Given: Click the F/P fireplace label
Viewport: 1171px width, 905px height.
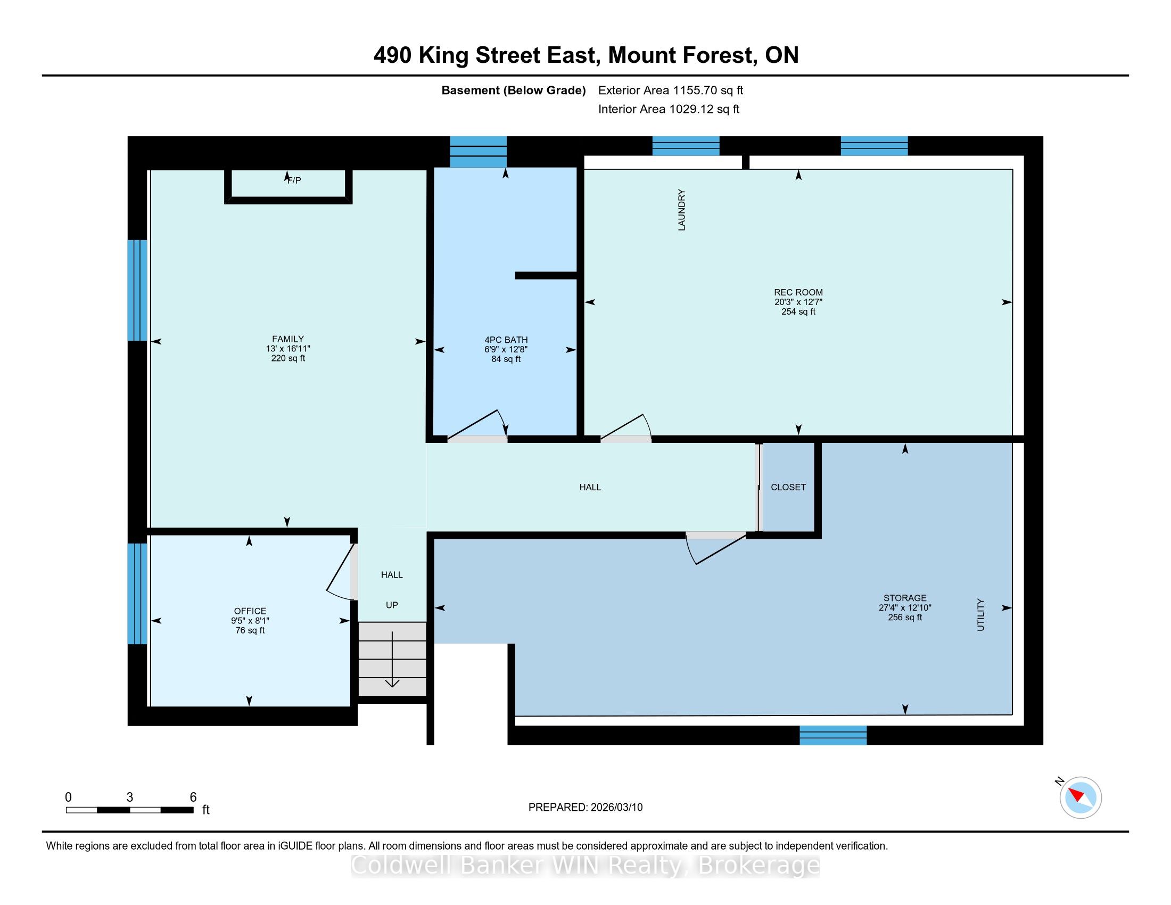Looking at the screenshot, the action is coord(294,180).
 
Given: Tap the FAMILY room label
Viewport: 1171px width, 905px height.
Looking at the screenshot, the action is coord(288,339).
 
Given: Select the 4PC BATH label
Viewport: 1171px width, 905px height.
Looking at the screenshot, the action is coord(506,340).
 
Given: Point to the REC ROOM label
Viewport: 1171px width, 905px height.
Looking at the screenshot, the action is coord(798,292).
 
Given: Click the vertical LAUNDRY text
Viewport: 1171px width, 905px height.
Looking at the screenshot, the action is coord(682,210).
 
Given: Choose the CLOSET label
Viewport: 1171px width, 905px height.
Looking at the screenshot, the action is coord(788,487).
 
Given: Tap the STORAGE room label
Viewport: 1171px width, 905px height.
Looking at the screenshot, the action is coord(905,598).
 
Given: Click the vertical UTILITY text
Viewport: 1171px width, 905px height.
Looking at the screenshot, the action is coord(980,615).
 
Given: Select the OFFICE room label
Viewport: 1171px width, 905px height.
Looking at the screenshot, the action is coord(250,611).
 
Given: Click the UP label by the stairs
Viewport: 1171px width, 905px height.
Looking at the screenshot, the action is coord(392,605).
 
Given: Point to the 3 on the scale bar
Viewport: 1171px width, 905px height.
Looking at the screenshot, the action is coord(130,797).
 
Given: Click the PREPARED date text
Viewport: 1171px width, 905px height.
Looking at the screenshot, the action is coord(585,808).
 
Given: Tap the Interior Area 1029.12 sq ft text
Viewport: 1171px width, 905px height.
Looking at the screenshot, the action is coord(669,109).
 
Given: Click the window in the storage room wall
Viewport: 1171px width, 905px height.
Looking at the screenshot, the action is coord(833,735).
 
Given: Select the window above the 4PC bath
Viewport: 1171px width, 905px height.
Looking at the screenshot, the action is coord(479,152).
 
